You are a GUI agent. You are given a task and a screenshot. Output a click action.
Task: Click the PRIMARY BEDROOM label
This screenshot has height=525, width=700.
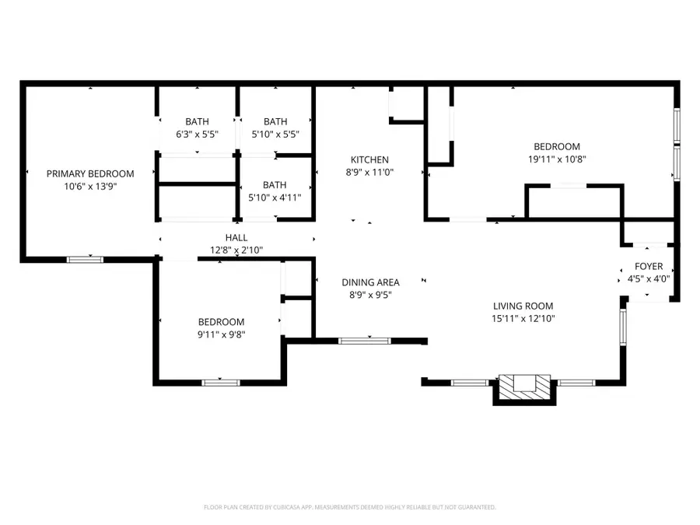89,173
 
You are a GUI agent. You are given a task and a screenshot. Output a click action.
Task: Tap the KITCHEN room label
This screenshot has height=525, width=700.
369,159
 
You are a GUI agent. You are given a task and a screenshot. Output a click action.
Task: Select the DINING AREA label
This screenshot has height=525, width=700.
370,282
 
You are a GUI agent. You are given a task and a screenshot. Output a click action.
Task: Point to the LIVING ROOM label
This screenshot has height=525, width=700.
523,306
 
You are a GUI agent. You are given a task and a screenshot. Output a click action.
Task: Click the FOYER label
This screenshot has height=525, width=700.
648,266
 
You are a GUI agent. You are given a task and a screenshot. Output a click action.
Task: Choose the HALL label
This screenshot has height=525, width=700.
236,238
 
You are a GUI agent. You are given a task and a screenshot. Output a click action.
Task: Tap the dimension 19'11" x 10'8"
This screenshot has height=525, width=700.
556,159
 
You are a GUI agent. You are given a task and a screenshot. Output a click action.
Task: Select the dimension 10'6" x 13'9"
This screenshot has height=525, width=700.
89,186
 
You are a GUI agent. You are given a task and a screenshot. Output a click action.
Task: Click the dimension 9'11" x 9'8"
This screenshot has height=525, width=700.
220,334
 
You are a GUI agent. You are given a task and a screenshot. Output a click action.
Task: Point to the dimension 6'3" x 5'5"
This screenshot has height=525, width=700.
197,134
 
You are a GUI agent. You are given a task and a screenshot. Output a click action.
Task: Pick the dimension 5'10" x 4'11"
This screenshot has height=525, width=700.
275,197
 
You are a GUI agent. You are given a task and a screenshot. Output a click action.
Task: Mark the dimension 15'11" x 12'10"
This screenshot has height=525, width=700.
523,318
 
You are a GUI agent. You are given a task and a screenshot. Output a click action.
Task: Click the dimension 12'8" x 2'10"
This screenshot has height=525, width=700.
236,250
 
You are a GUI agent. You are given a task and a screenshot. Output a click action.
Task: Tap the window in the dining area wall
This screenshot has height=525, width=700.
365,340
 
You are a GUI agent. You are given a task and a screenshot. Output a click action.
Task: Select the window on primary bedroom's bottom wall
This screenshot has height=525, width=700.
85,259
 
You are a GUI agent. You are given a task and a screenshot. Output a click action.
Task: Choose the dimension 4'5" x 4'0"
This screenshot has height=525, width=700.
648,278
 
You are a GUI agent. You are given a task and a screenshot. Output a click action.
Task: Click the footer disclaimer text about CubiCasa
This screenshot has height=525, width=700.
349,507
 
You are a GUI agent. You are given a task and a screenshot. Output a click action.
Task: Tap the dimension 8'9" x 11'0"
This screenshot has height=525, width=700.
369,172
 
